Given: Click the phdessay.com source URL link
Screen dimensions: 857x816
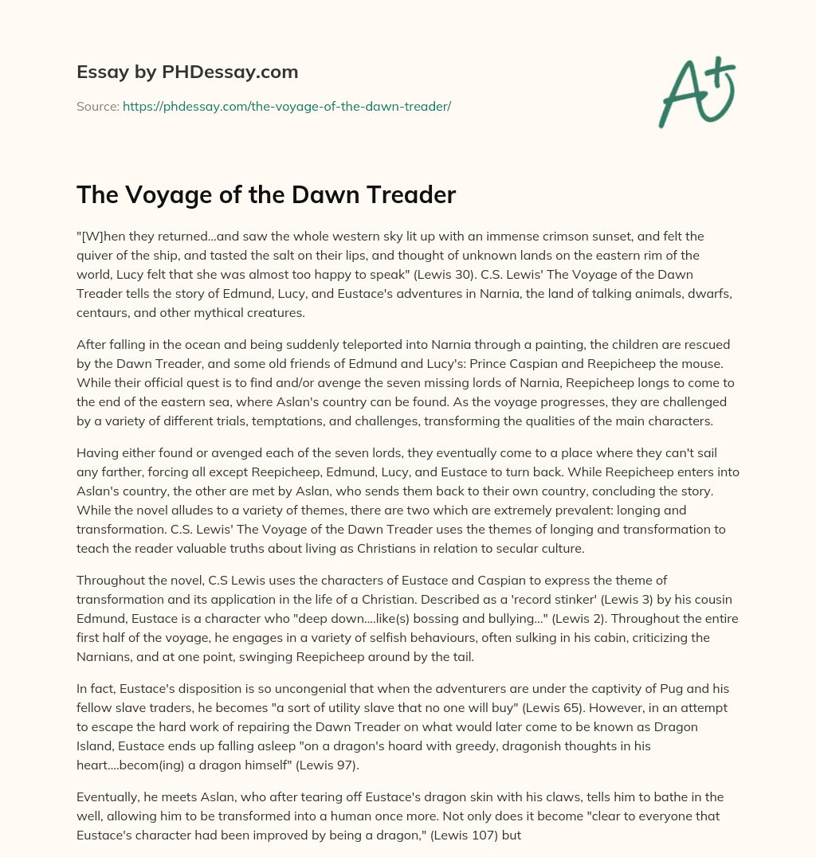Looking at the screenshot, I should pos(287,106).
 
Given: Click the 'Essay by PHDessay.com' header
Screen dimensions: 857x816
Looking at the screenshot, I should pos(187,72).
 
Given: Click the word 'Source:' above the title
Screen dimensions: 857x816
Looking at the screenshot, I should pos(97,106).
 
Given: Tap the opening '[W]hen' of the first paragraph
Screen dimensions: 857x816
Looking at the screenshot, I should pos(101,237).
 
